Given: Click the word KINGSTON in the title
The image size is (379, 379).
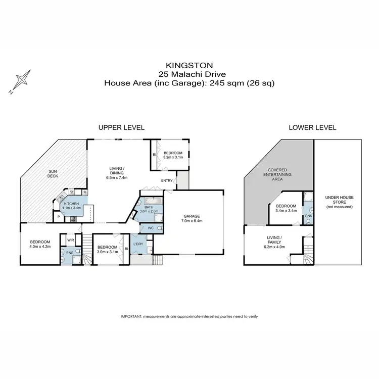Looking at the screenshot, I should (189, 65).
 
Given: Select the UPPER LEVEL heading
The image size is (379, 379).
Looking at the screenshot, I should (122, 127).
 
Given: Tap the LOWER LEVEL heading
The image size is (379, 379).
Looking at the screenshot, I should (312, 127).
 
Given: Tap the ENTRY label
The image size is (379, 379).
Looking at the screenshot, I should (167, 180).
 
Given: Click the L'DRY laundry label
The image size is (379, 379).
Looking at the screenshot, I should (138, 245).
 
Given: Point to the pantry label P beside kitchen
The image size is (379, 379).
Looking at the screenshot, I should (59, 217).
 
